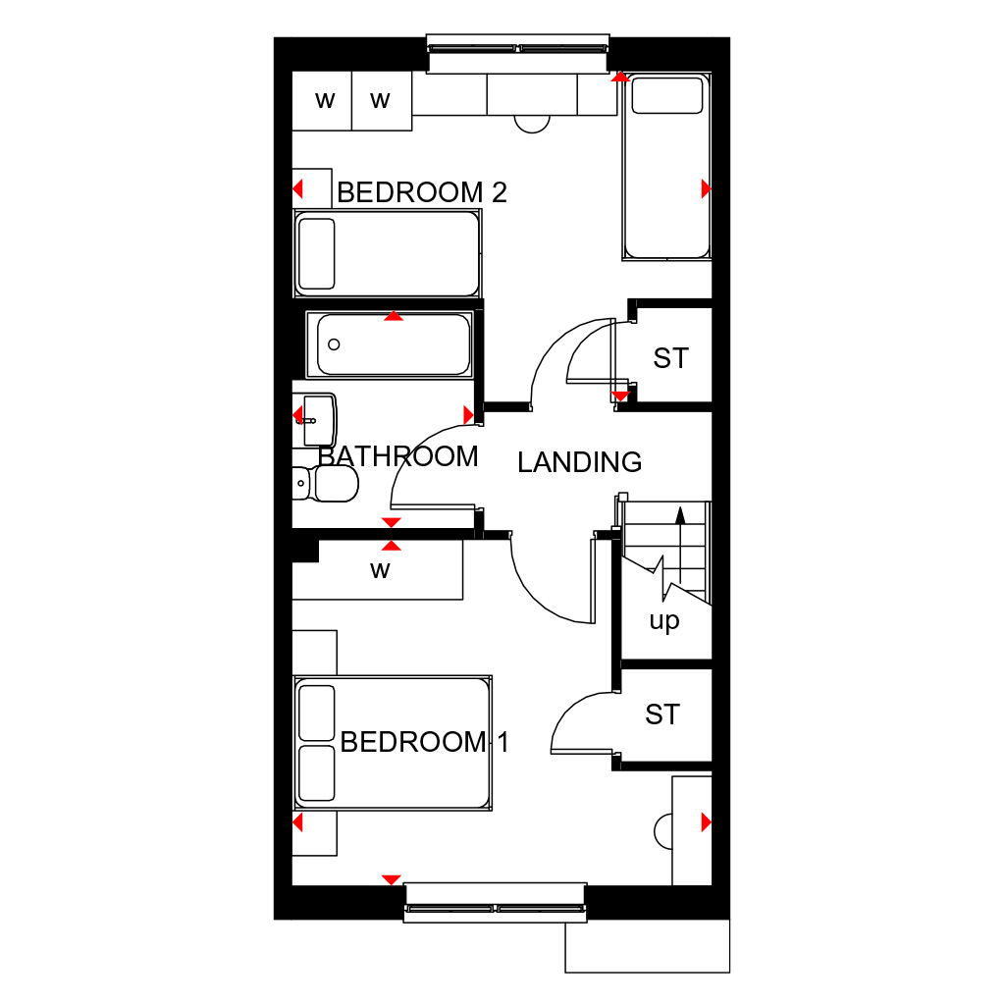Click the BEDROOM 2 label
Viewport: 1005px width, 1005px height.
[x=422, y=192]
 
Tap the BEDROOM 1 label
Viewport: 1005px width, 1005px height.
[x=424, y=742]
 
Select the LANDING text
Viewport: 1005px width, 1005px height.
[x=579, y=462]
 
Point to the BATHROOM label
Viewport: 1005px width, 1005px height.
[x=398, y=456]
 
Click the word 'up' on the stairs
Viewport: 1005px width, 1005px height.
[x=664, y=621]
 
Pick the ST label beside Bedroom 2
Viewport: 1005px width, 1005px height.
[x=670, y=358]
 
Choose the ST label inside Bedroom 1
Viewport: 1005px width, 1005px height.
[x=662, y=714]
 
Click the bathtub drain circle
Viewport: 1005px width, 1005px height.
[x=334, y=344]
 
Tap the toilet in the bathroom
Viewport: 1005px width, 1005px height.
[x=325, y=483]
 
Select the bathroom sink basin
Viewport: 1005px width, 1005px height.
[x=319, y=420]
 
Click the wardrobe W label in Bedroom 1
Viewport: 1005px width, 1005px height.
[x=380, y=570]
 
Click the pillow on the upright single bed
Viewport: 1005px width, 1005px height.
[x=666, y=95]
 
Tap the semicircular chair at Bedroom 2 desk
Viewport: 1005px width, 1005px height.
[x=532, y=125]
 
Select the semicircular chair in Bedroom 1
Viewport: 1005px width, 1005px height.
[x=662, y=832]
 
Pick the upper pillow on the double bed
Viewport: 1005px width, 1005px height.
[x=317, y=713]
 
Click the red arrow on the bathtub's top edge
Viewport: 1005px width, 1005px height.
[x=394, y=316]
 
